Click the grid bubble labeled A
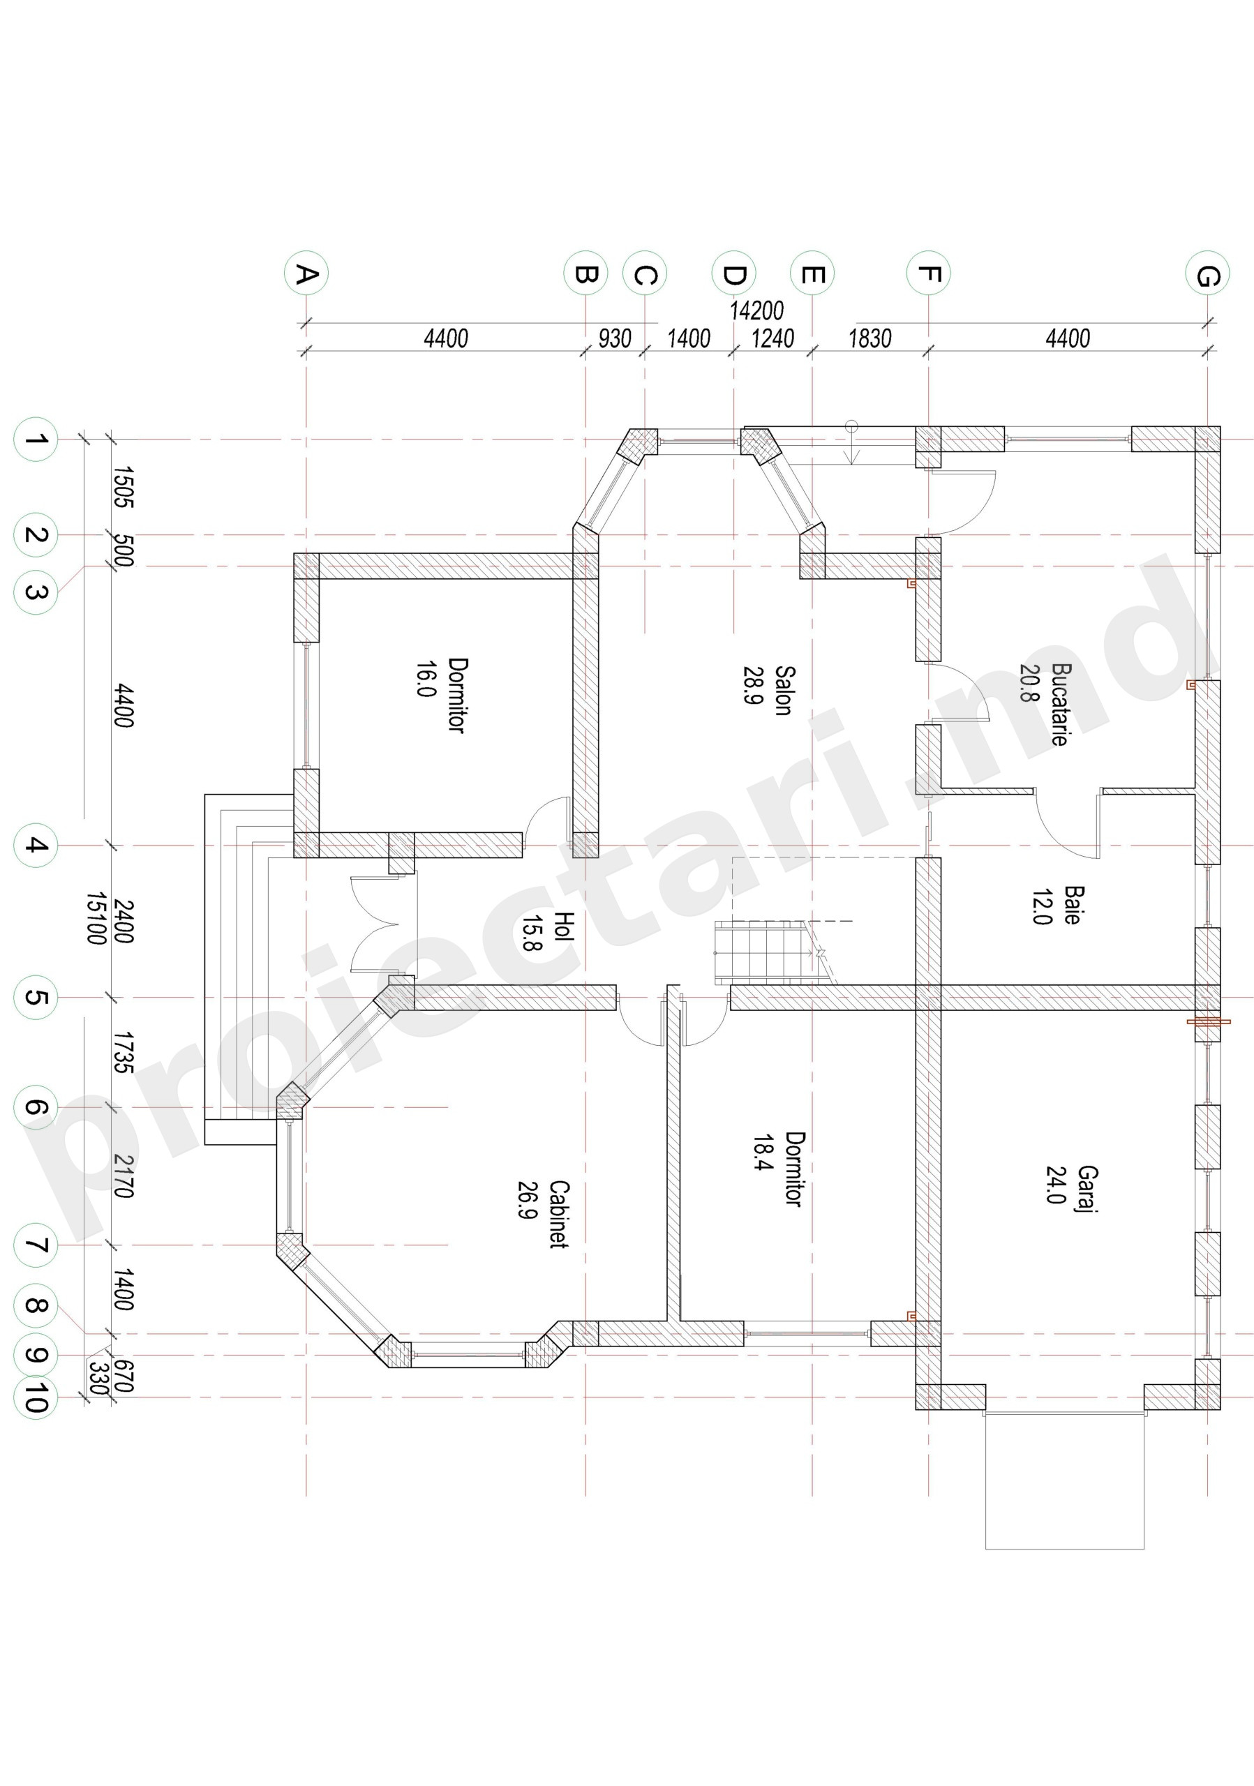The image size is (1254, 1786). point(306,273)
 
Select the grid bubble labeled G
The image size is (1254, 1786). point(1207,273)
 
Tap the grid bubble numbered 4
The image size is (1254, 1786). point(36,845)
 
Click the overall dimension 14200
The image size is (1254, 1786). point(756,310)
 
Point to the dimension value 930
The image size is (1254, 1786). point(615,338)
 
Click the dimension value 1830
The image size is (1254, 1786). point(869,338)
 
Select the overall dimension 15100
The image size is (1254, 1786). point(96,919)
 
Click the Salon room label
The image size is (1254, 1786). point(784,690)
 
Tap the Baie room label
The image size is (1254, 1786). point(1072,905)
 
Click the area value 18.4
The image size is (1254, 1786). point(763,1153)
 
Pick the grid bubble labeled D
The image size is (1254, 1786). point(733,273)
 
